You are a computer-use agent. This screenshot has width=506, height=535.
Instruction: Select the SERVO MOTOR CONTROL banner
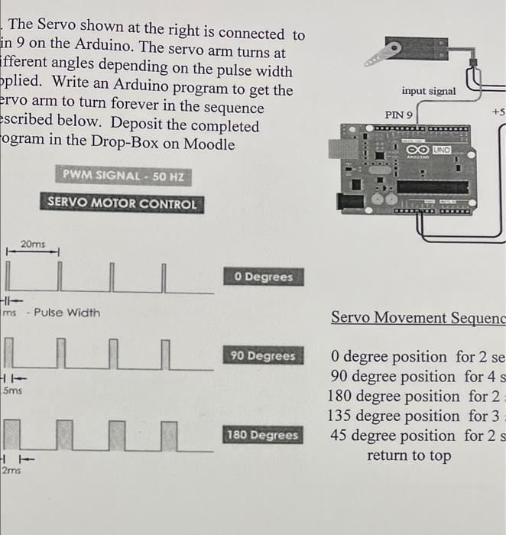122,204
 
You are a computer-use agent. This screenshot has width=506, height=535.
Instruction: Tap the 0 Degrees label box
264,277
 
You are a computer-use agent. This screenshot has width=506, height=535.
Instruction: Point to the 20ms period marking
33,244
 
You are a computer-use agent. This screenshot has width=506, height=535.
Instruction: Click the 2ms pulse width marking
11,472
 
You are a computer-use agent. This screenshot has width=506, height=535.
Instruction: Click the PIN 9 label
399,115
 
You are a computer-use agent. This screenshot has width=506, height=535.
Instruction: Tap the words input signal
428,91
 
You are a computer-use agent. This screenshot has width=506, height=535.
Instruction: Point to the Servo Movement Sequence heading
417,317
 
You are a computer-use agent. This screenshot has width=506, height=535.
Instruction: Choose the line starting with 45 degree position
417,436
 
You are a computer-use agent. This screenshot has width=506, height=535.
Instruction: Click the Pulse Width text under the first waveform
66,313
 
